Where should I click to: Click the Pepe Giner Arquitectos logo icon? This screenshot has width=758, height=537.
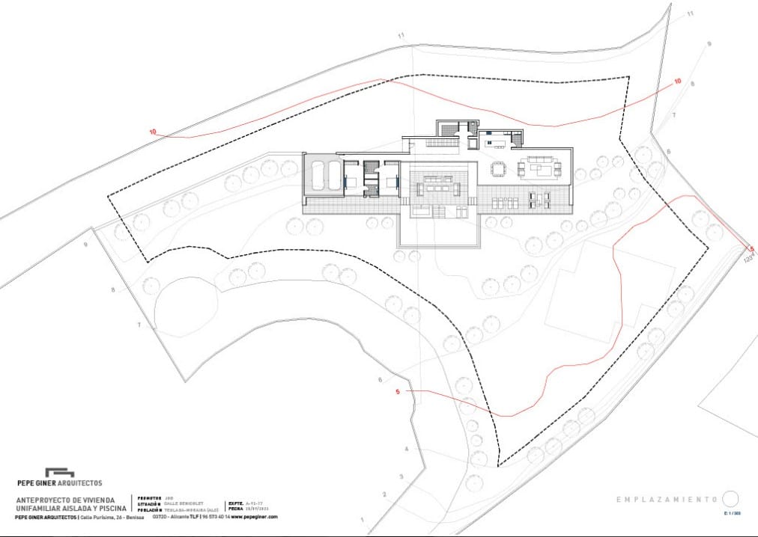click(x=59, y=473)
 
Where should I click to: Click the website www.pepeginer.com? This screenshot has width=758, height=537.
click(x=254, y=517)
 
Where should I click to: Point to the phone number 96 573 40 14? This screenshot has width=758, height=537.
click(x=214, y=517)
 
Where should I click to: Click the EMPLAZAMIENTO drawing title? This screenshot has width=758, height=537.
click(x=667, y=499)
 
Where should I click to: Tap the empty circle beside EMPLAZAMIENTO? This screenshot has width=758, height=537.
click(x=731, y=499)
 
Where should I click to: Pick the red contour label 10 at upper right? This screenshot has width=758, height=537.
click(x=678, y=81)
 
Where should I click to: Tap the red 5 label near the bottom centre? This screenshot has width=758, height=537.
click(x=398, y=390)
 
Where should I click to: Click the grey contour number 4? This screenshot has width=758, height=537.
click(x=407, y=449)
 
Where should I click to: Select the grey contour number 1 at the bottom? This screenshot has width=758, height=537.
click(x=361, y=520)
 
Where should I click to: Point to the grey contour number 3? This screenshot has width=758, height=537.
click(x=401, y=476)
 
